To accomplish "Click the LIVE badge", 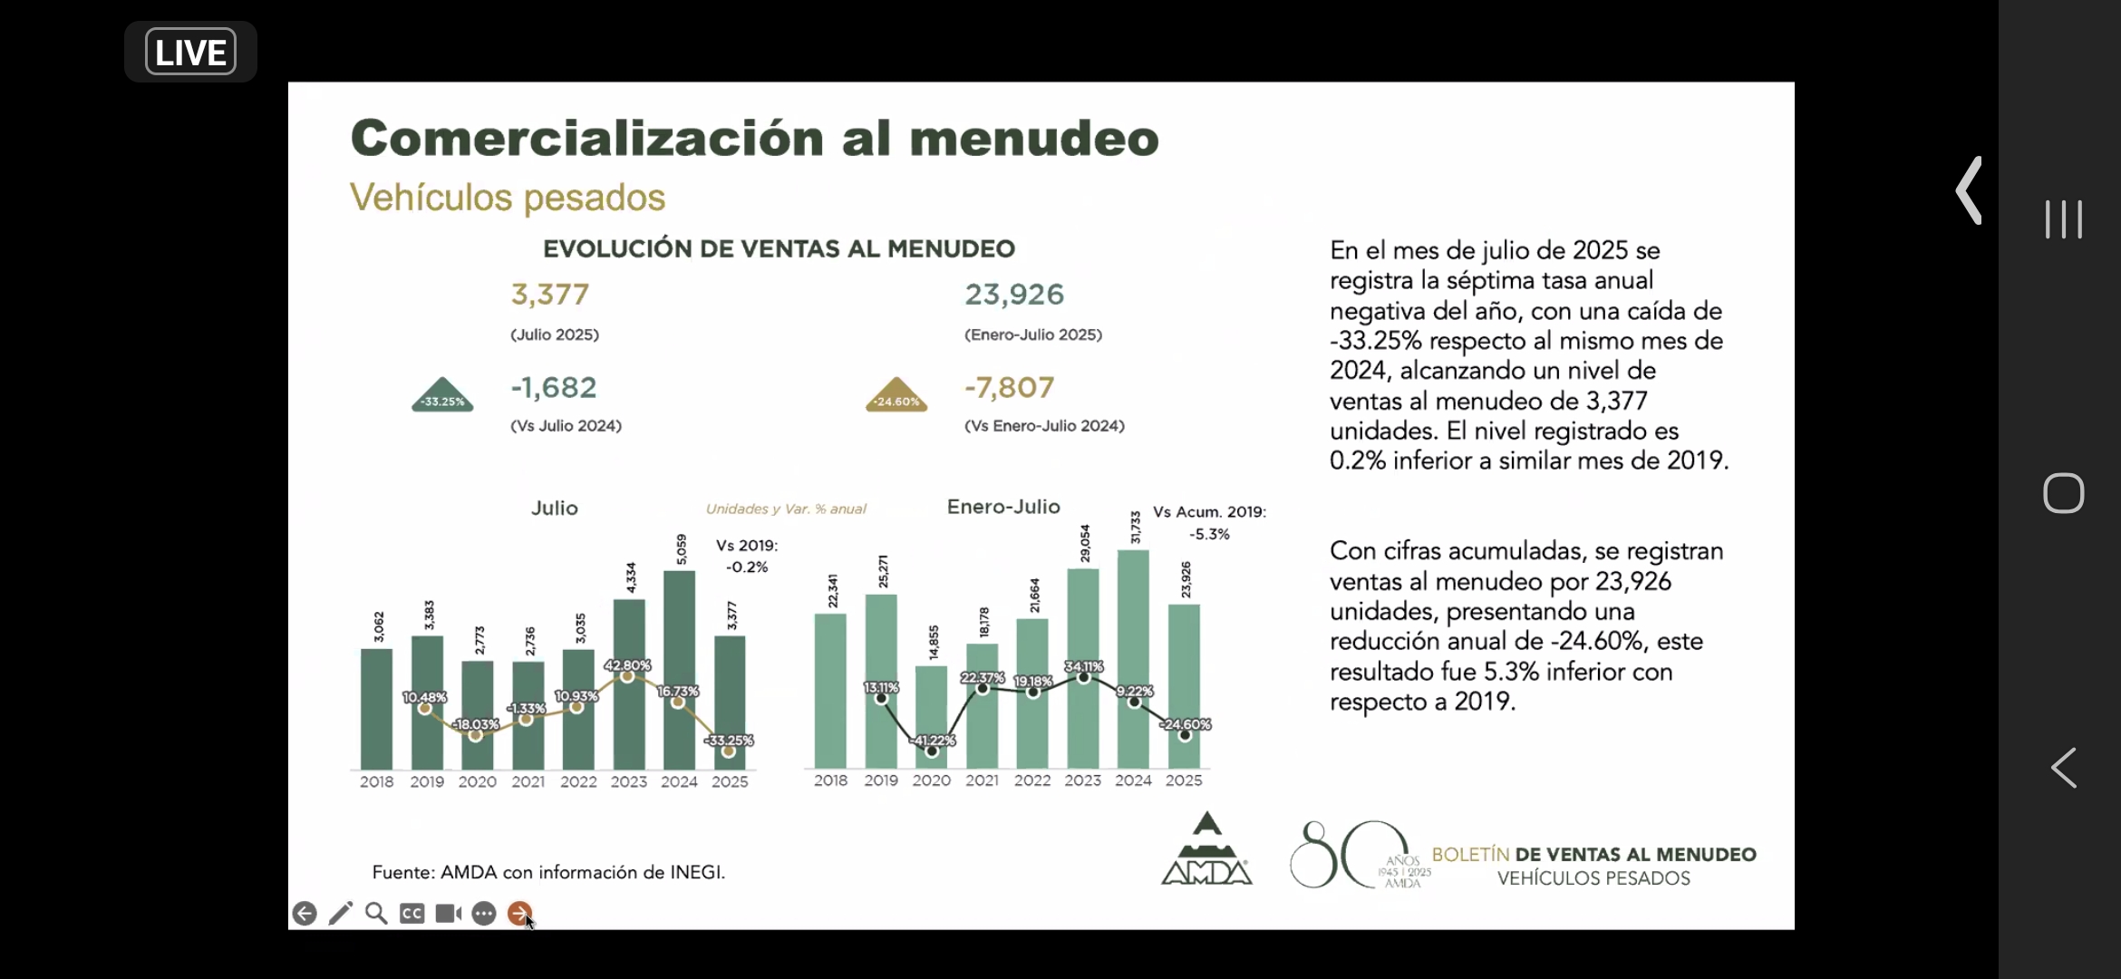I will point(190,52).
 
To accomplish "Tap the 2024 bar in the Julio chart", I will point(679,671).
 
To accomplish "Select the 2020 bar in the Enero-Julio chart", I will point(931,716).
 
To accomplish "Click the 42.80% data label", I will point(627,665).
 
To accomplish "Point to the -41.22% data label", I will point(933,741).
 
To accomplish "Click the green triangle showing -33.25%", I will point(442,396).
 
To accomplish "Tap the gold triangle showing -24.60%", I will point(896,396).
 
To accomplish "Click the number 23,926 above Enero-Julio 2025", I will point(1014,295).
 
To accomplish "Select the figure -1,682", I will point(554,388).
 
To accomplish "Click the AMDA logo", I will point(1206,850).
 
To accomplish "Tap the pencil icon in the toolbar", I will point(341,913).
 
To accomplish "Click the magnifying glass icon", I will point(376,913).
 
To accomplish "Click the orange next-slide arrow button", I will point(519,913).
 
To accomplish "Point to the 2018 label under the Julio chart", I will point(376,781).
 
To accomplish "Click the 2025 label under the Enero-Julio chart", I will point(1184,780).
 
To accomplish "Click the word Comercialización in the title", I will point(587,139).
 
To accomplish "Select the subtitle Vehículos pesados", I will point(508,198).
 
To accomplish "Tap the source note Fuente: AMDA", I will point(548,872).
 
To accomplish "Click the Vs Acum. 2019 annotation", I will point(1209,512).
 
